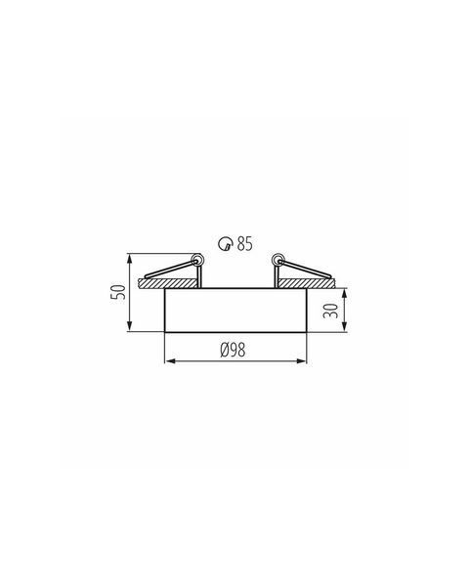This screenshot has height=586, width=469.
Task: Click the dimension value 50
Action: point(118,292)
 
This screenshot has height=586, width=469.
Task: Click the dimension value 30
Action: point(330,311)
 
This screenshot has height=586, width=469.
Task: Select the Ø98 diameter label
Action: point(233,351)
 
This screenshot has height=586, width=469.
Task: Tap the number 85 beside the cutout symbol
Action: point(244,243)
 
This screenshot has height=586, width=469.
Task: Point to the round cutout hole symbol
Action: point(226,243)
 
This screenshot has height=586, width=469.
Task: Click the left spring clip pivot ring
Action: point(196,259)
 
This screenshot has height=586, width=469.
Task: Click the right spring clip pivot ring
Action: point(277,259)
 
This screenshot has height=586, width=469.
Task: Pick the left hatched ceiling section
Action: point(167,283)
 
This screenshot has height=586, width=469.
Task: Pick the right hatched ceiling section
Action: point(306,283)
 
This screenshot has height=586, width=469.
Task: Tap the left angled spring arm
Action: point(169,270)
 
